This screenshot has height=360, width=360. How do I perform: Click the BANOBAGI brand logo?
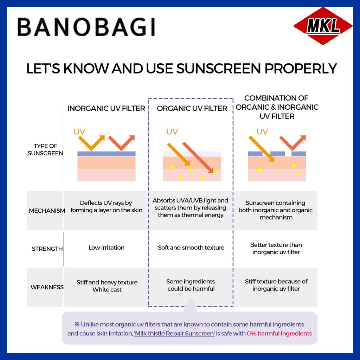[x=86, y=27]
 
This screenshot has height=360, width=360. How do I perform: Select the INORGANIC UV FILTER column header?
[x=106, y=108]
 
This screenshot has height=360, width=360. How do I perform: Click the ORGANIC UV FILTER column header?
[x=192, y=108]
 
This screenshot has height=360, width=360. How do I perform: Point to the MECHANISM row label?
[x=47, y=211]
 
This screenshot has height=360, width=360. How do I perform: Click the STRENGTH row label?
[x=47, y=249]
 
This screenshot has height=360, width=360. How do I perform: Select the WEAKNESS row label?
[x=47, y=287]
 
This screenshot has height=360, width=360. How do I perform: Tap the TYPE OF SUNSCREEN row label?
[x=45, y=150]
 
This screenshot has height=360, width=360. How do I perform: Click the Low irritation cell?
[x=106, y=247]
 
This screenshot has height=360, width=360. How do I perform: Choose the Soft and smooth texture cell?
[x=191, y=247]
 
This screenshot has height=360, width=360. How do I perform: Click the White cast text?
[x=107, y=290]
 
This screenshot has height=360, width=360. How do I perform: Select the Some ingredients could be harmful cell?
[x=191, y=285]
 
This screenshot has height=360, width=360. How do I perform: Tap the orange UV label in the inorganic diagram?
[x=79, y=132]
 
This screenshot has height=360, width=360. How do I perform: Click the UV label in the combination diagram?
[x=262, y=132]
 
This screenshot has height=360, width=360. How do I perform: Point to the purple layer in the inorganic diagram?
[x=106, y=154]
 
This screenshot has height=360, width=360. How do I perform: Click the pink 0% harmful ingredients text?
[x=279, y=333]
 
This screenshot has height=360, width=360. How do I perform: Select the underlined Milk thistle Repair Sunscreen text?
[x=174, y=333]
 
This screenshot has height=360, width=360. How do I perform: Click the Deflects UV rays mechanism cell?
[x=106, y=206]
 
